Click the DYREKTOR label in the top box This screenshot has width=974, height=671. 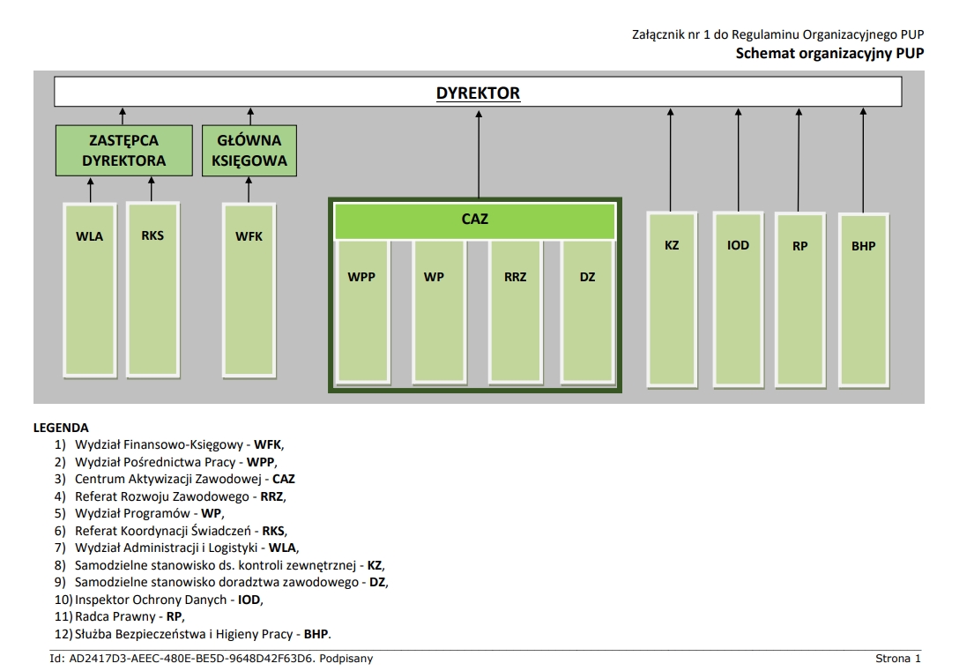pos(478,93)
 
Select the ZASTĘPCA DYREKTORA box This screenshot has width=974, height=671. pos(124,150)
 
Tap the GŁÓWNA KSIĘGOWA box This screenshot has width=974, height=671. pos(249,150)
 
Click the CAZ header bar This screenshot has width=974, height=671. pos(474,220)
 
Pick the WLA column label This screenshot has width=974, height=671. pos(89,236)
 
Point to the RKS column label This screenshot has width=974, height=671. pos(152,235)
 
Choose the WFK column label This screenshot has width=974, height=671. pos(249,236)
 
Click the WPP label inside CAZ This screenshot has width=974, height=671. pos(361,277)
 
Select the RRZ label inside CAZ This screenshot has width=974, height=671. pos(516,277)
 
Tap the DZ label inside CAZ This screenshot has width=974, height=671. pos(588,277)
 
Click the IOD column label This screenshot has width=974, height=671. pos(738,245)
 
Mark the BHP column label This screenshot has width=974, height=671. pos(864,246)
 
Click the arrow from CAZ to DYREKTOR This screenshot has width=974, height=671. pos(479,154)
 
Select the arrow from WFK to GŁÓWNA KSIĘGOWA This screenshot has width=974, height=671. pos(249,189)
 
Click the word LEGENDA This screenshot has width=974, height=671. pos(61,428)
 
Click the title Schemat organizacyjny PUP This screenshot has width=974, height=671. pos(829,53)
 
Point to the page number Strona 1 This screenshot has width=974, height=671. pos(897,659)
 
